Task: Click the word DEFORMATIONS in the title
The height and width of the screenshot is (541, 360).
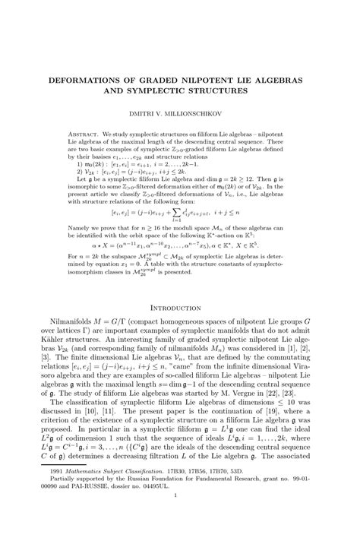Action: (x=86, y=78)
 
